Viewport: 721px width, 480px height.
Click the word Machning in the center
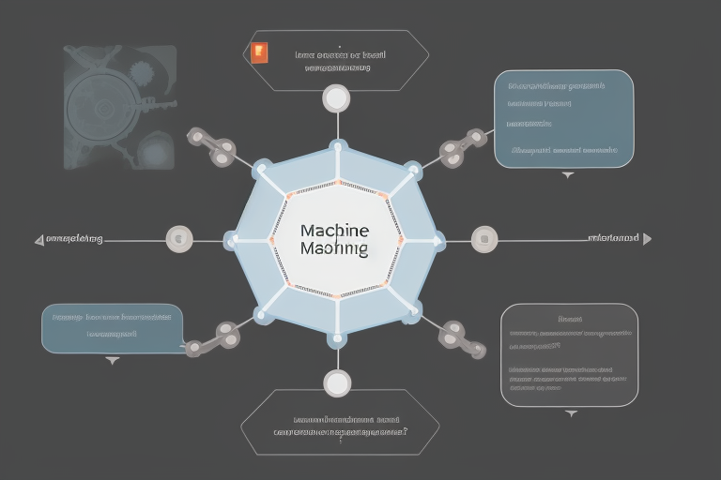coord(335,249)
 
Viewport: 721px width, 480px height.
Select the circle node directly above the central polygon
coord(336,97)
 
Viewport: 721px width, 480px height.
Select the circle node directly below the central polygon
coord(336,382)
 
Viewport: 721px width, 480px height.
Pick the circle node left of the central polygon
coord(178,239)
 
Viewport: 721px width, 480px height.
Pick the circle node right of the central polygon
coord(484,238)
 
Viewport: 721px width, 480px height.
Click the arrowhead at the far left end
coord(39,240)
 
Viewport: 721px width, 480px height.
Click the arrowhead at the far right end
coord(646,239)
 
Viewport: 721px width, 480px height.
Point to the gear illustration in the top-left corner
coord(120,108)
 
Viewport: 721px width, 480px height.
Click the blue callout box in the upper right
coord(563,118)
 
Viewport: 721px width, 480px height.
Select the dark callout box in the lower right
coord(569,355)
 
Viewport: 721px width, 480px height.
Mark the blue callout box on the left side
coord(113,327)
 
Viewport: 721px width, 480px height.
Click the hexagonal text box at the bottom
coord(340,423)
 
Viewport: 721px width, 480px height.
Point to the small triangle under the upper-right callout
coord(567,174)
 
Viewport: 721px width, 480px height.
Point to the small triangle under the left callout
coord(113,359)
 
